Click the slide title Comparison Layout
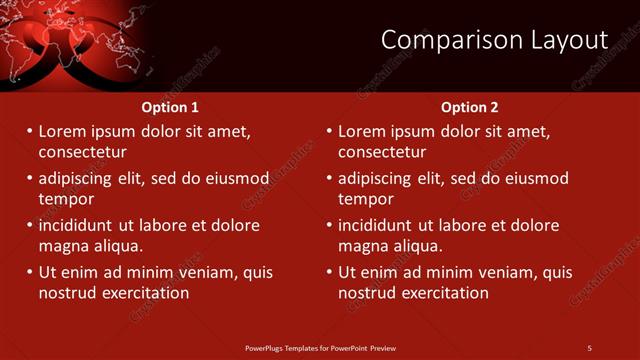494,40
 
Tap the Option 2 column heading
469,107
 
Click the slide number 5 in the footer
589,348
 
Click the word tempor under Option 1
66,199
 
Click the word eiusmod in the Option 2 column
533,178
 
